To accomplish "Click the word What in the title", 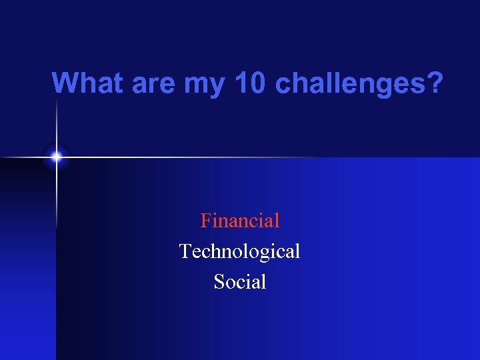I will point(88,83).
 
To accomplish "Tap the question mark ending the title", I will point(435,83).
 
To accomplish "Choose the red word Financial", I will point(240,220).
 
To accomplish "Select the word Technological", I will point(240,251).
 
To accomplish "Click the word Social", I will point(240,282).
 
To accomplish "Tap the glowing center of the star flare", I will point(57,157).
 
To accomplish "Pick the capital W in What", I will point(65,83).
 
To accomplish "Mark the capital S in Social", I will point(219,282).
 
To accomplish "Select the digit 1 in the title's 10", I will point(241,83).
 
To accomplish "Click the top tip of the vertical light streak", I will point(57,100).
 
